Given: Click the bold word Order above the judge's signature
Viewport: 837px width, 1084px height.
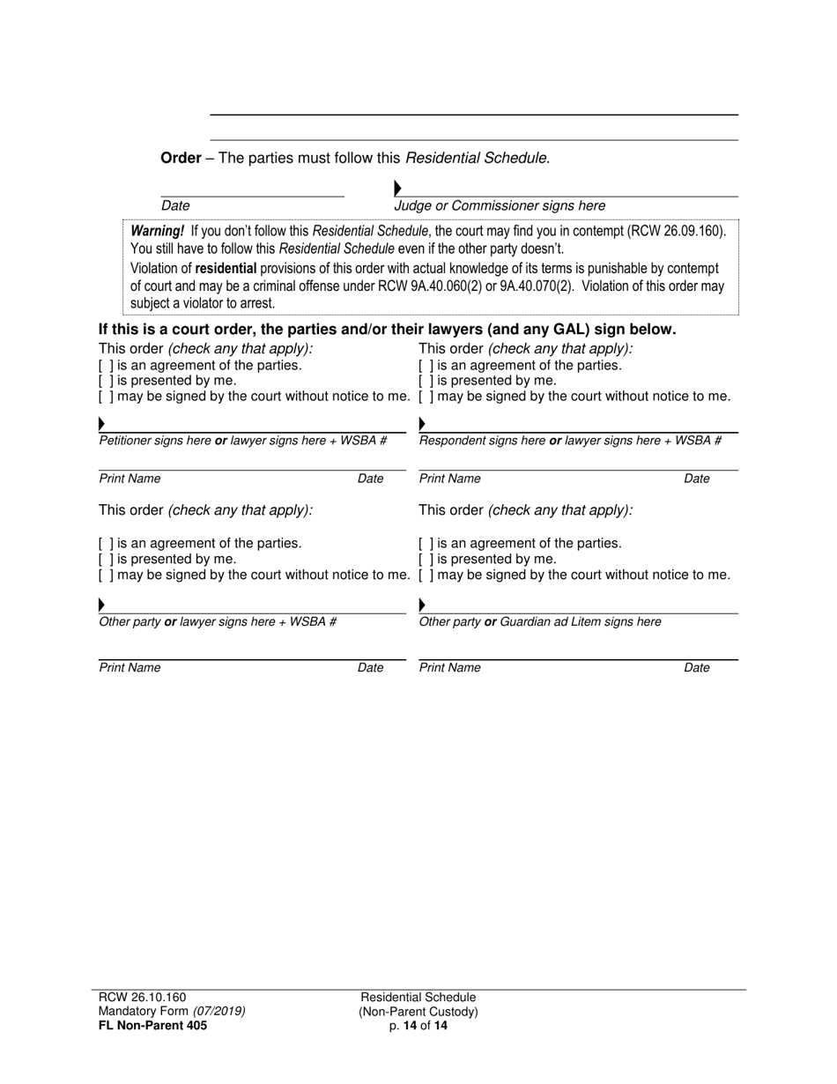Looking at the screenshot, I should pos(181,159).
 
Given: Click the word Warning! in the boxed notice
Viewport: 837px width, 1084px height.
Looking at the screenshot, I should pos(158,232).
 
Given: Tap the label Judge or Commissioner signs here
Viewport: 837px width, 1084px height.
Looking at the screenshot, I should pos(500,206).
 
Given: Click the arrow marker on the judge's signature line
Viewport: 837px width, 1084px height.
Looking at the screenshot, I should pos(397,188).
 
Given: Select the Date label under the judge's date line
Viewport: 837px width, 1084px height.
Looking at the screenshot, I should pos(175,206).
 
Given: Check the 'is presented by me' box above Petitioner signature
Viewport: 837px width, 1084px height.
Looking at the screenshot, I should pos(105,381).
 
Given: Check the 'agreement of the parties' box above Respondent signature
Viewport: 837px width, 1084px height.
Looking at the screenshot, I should pos(426,365).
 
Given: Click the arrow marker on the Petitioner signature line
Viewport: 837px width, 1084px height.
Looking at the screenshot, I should pos(101,424).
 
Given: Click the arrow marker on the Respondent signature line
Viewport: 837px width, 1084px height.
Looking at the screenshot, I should pos(422,424).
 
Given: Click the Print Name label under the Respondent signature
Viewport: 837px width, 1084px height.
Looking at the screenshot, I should pos(449,479).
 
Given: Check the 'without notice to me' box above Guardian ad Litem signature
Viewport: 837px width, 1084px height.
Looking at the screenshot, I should pos(426,575).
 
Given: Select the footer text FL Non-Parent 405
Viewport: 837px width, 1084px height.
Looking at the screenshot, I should pos(152,1025).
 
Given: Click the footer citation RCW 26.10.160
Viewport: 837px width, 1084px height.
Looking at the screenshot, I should pos(142,998).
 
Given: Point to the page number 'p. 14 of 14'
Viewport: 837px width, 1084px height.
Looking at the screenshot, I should pos(418,1025).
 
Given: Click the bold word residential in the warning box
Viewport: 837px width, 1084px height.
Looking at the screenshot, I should pos(226,269).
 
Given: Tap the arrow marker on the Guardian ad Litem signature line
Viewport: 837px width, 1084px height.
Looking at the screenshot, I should pos(422,605).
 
